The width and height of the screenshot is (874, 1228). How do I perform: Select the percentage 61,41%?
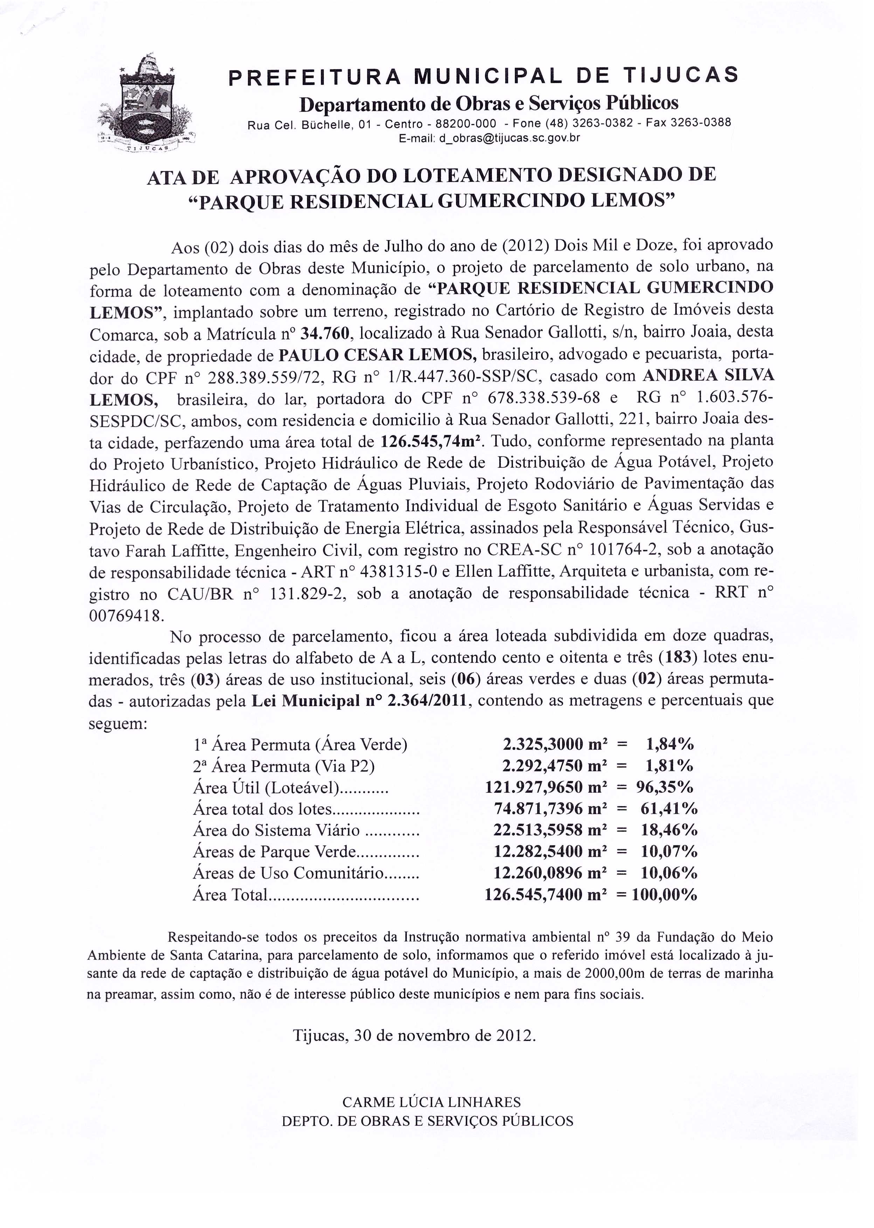pyautogui.click(x=669, y=809)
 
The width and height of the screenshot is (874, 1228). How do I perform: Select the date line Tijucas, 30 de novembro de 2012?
pyautogui.click(x=414, y=1036)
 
